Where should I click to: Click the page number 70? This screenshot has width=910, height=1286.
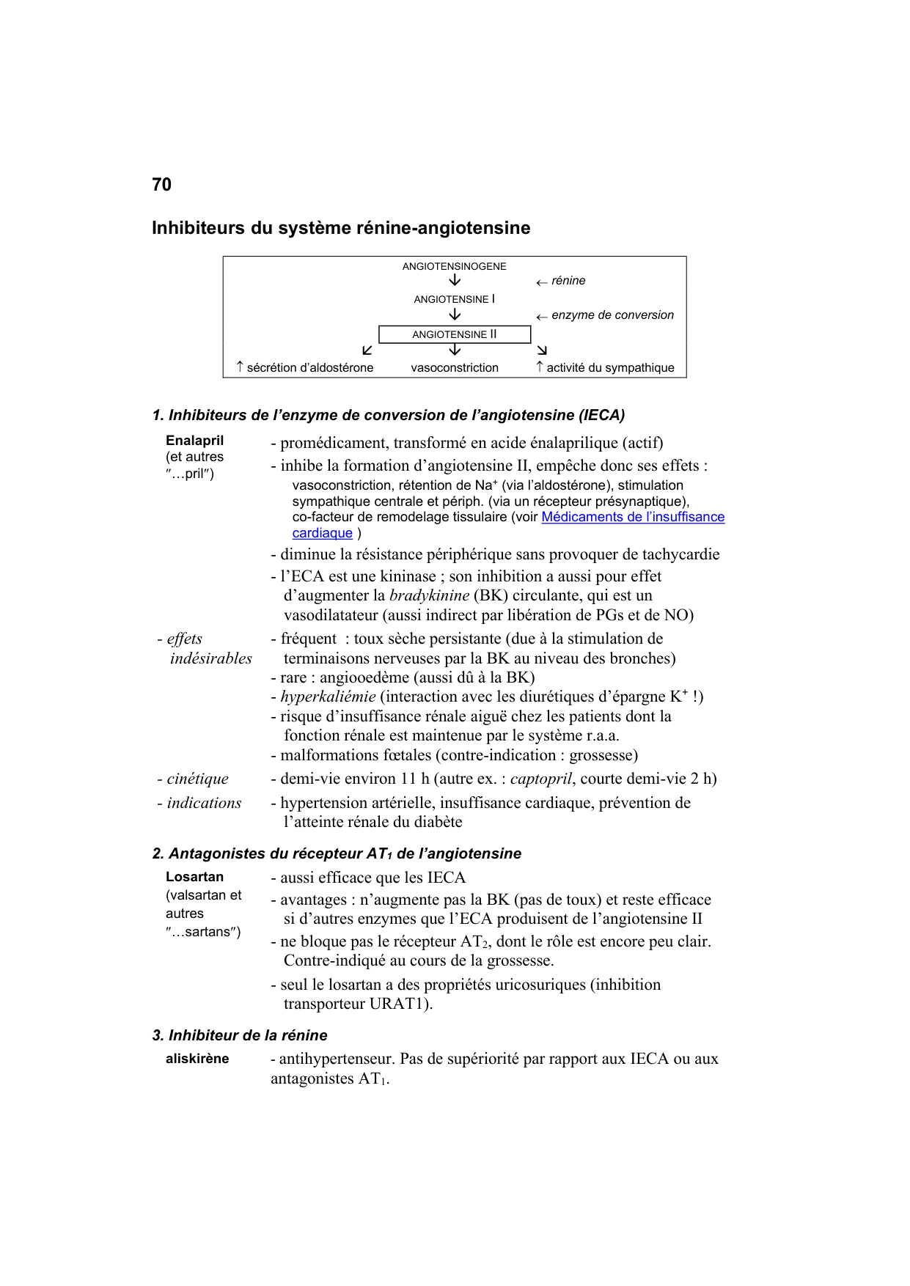[x=161, y=185]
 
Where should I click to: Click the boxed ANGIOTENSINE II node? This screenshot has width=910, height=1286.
[x=454, y=334]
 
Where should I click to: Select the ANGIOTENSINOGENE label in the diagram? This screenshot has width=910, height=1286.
[x=454, y=266]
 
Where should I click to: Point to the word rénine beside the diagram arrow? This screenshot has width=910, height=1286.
[x=568, y=281]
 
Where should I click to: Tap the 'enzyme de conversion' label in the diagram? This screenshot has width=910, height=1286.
[x=612, y=315]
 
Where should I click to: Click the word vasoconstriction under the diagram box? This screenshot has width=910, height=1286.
[x=454, y=368]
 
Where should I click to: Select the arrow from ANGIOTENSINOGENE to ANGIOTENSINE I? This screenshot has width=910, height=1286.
[x=455, y=281]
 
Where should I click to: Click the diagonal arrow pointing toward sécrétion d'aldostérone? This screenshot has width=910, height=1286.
[x=367, y=350]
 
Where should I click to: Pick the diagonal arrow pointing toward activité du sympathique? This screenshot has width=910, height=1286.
[x=542, y=350]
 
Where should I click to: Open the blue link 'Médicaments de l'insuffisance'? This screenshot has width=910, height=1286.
[x=633, y=517]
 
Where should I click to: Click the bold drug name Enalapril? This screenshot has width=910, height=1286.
[x=194, y=441]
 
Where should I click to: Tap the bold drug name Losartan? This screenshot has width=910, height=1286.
[x=194, y=877]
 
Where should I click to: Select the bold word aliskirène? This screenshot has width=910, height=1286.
[x=197, y=1059]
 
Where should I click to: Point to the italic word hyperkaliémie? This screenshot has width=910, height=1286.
[x=328, y=697]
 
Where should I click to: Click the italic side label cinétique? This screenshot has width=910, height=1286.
[x=197, y=779]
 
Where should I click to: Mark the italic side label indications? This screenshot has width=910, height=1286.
[x=204, y=803]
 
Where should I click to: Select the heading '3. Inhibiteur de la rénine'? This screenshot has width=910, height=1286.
[x=240, y=1035]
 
